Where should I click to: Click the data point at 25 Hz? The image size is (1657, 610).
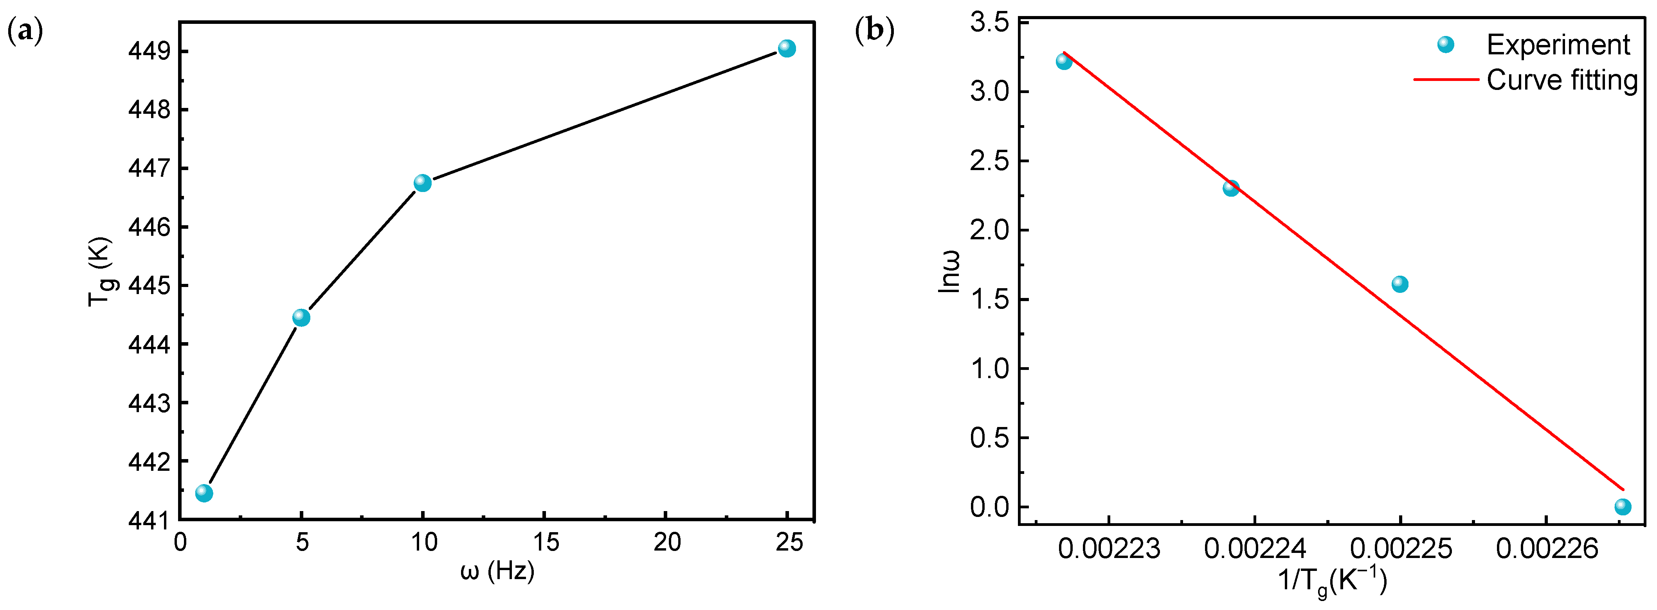coord(786,48)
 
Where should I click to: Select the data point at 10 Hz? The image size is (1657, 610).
coord(422,183)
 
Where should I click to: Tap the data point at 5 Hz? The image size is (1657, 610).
coord(301,318)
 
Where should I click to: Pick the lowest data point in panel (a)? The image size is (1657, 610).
coord(204,493)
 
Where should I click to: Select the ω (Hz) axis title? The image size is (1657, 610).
coord(497,571)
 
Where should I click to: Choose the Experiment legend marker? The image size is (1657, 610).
coord(1445,44)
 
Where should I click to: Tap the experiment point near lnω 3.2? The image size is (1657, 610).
coord(1063,62)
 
